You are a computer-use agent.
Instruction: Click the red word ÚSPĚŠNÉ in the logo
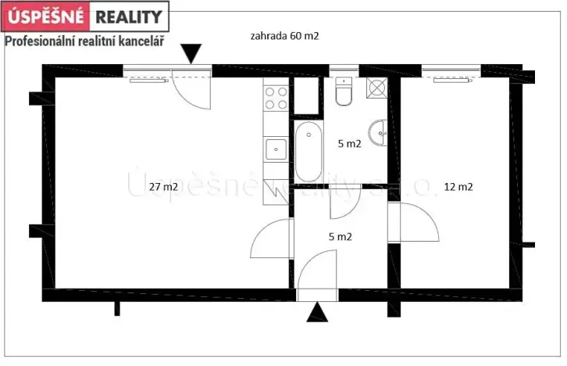tap(46, 16)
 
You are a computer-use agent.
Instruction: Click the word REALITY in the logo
tap(129, 16)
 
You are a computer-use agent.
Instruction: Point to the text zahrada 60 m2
tap(285, 35)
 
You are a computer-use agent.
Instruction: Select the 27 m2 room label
tap(163, 186)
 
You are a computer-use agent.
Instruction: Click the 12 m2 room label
tap(458, 186)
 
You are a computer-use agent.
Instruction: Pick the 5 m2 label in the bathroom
tap(348, 144)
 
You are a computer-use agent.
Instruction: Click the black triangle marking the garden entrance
tap(191, 54)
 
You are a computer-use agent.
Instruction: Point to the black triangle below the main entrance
tap(316, 313)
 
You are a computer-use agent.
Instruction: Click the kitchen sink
tap(276, 147)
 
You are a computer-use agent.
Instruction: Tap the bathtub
tap(309, 152)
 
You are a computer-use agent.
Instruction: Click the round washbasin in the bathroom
tap(381, 133)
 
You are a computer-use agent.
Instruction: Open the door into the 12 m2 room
tap(418, 223)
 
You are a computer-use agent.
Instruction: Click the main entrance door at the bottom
tap(317, 274)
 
